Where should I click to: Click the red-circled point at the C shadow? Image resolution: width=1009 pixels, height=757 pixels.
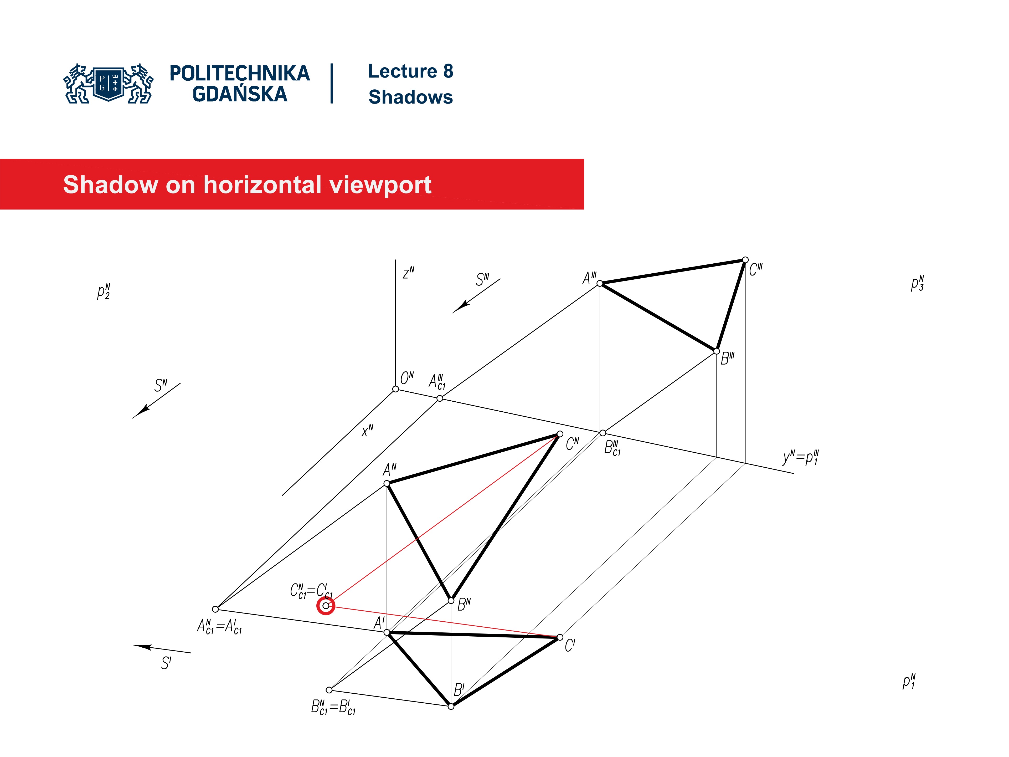click(326, 606)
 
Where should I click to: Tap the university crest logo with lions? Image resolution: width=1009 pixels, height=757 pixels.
click(109, 84)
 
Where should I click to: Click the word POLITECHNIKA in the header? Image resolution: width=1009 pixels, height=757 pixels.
click(239, 73)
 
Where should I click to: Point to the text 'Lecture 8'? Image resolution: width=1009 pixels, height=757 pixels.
click(410, 71)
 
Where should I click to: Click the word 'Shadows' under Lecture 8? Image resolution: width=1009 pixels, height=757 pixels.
click(410, 97)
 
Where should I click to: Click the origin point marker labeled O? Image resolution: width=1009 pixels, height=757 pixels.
click(395, 389)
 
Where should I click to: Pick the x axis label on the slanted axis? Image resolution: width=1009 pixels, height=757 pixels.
click(367, 430)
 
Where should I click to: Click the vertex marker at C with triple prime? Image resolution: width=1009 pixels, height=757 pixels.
click(745, 260)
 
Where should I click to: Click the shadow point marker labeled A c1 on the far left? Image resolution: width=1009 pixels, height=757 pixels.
click(215, 609)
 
